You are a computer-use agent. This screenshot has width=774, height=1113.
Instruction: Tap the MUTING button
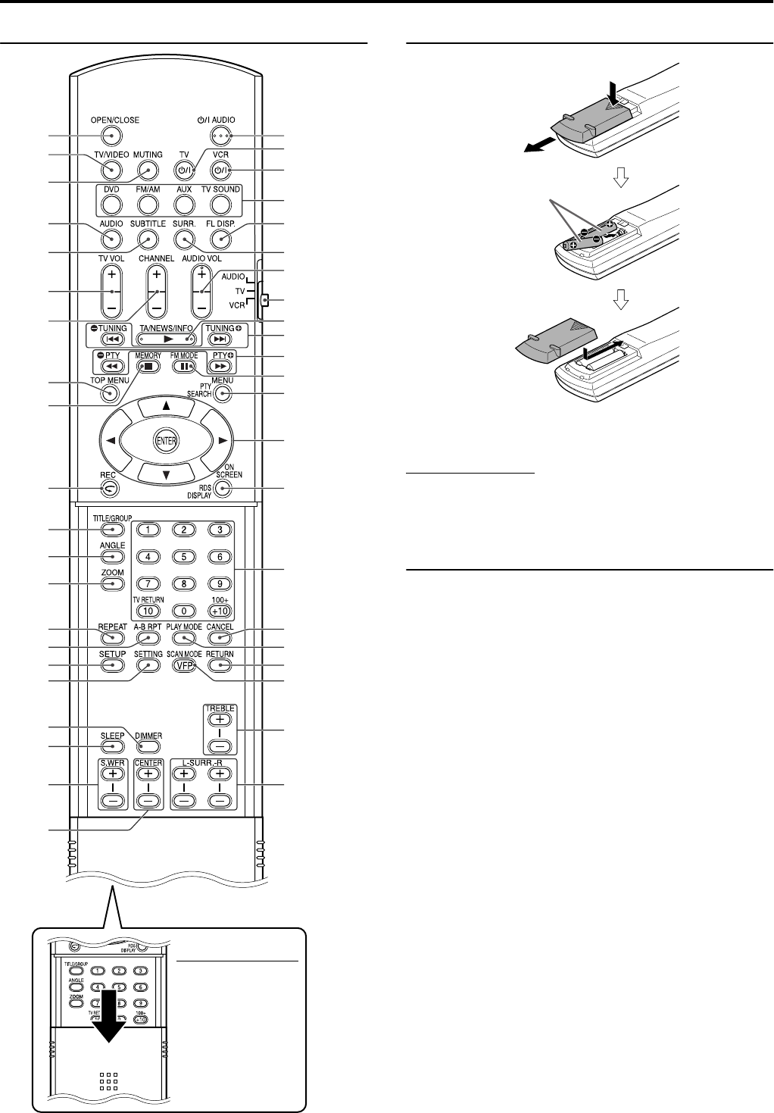[x=148, y=170]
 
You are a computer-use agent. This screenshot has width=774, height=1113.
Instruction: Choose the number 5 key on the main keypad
[x=183, y=557]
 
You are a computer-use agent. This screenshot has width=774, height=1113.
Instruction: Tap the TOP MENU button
[x=111, y=394]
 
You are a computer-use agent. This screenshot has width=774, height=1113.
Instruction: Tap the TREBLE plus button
[x=219, y=721]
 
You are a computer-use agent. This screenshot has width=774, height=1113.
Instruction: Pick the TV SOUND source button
[x=220, y=204]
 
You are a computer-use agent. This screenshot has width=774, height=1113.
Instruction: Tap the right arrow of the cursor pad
[x=221, y=440]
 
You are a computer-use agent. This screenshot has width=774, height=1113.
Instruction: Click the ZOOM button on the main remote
[x=111, y=585]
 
